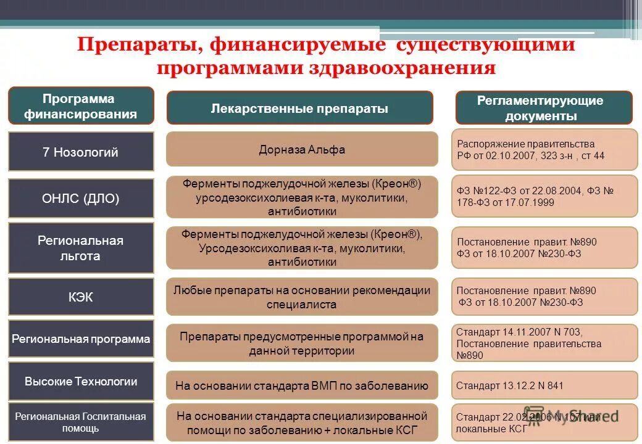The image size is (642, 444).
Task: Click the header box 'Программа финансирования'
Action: pos(80,106)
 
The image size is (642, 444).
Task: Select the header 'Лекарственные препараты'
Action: pos(300,109)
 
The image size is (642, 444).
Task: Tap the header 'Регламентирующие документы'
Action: pos(544,108)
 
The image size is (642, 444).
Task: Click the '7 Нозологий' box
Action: pos(80,152)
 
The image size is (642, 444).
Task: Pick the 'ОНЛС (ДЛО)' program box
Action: pos(80,199)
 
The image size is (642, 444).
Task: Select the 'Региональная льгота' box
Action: pos(80,248)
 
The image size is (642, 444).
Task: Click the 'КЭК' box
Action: pos(80,297)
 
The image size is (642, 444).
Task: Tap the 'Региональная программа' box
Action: pos(80,339)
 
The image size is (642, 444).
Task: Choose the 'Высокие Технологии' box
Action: pos(80,381)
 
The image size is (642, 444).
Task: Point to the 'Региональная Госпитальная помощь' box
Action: pos(80,422)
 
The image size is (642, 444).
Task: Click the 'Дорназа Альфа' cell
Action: pos(302,149)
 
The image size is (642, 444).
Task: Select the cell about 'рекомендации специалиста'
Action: pos(302,297)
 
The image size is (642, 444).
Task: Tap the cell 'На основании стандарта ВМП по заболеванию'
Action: pos(302,386)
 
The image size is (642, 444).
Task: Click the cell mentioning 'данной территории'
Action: pos(302,343)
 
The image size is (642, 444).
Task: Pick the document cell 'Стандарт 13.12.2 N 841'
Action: pos(544,385)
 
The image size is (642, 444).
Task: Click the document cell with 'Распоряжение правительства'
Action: pos(544,149)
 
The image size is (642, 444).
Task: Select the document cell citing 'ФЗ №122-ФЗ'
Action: pos(544,197)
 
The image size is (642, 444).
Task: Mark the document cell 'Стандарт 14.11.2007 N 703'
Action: pos(544,343)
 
